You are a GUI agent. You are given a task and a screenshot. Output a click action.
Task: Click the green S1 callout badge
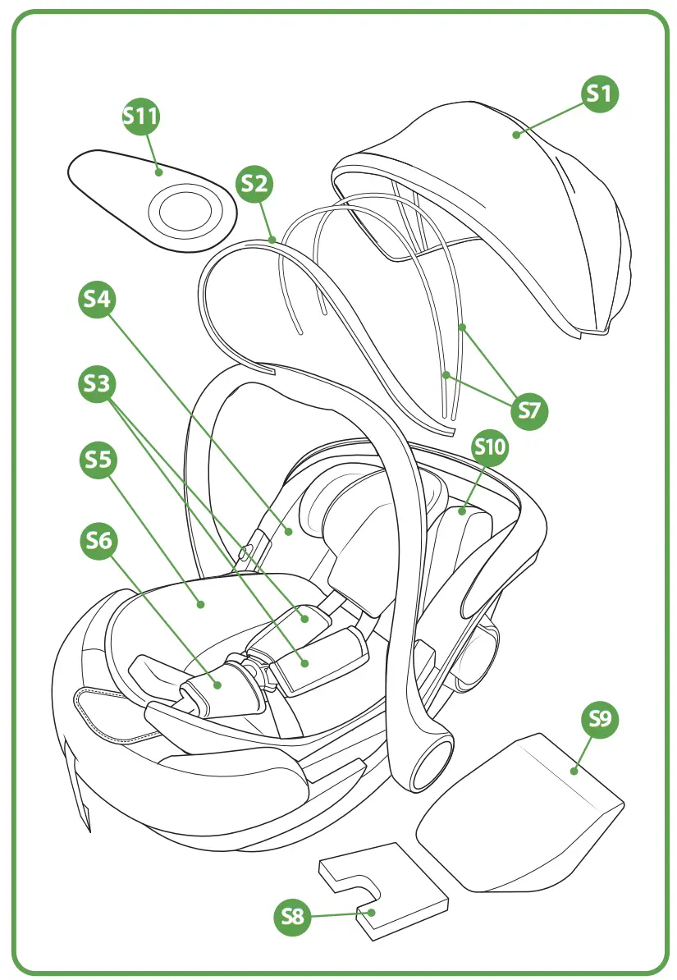click(601, 94)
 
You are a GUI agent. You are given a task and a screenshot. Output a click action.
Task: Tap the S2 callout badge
click(254, 185)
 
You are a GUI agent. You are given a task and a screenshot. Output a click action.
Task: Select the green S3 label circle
click(98, 385)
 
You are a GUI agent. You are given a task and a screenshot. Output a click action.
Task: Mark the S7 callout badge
click(529, 409)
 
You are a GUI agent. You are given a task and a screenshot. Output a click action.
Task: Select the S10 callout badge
click(491, 447)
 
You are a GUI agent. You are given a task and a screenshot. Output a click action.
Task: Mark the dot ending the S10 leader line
click(462, 511)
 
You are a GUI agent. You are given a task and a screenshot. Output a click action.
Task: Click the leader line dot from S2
click(272, 240)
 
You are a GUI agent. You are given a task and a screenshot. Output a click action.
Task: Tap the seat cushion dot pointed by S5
click(201, 607)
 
